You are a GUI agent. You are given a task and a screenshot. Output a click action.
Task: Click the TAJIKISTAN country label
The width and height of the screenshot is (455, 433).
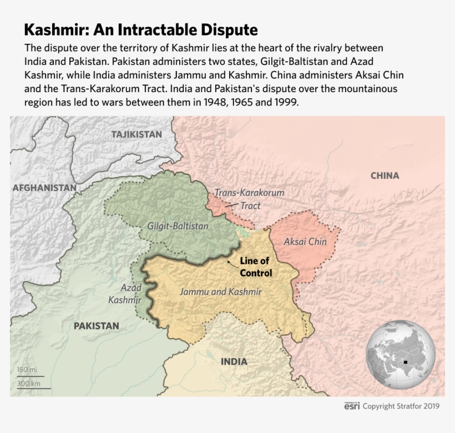click(136, 134)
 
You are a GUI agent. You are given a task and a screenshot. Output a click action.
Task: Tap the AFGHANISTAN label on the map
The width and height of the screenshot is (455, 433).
click(44, 188)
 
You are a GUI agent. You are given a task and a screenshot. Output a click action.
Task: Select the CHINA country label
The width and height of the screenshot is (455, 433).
click(385, 175)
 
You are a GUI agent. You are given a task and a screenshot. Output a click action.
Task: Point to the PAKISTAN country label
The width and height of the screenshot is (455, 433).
click(97, 326)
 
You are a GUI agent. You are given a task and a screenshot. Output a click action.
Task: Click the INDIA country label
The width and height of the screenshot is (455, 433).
click(234, 361)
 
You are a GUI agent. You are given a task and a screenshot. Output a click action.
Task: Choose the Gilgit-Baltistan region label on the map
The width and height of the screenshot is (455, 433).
click(178, 226)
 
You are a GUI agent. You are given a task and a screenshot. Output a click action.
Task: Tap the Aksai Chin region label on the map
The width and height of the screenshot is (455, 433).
click(305, 241)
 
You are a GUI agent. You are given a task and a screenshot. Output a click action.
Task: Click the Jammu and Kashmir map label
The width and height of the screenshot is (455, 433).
click(220, 291)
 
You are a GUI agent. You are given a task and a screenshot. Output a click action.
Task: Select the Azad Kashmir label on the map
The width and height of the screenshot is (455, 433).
click(132, 294)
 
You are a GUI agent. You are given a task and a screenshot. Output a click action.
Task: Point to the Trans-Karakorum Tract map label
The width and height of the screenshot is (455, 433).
click(249, 199)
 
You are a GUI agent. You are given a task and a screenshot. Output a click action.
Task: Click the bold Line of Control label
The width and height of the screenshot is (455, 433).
click(255, 267)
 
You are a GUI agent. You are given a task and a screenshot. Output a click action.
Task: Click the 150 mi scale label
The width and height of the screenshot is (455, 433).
click(27, 370)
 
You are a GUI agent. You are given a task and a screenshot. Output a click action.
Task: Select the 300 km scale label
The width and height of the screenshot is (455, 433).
click(28, 383)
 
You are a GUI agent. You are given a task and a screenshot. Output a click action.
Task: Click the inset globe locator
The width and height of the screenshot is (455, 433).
click(400, 355)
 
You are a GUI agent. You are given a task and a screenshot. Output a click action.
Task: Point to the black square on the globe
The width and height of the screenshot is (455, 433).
click(406, 362)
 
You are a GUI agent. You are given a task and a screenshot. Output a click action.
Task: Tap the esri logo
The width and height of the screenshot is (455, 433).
click(352, 406)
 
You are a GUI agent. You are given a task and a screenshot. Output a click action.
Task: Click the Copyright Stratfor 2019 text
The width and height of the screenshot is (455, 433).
click(401, 406)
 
